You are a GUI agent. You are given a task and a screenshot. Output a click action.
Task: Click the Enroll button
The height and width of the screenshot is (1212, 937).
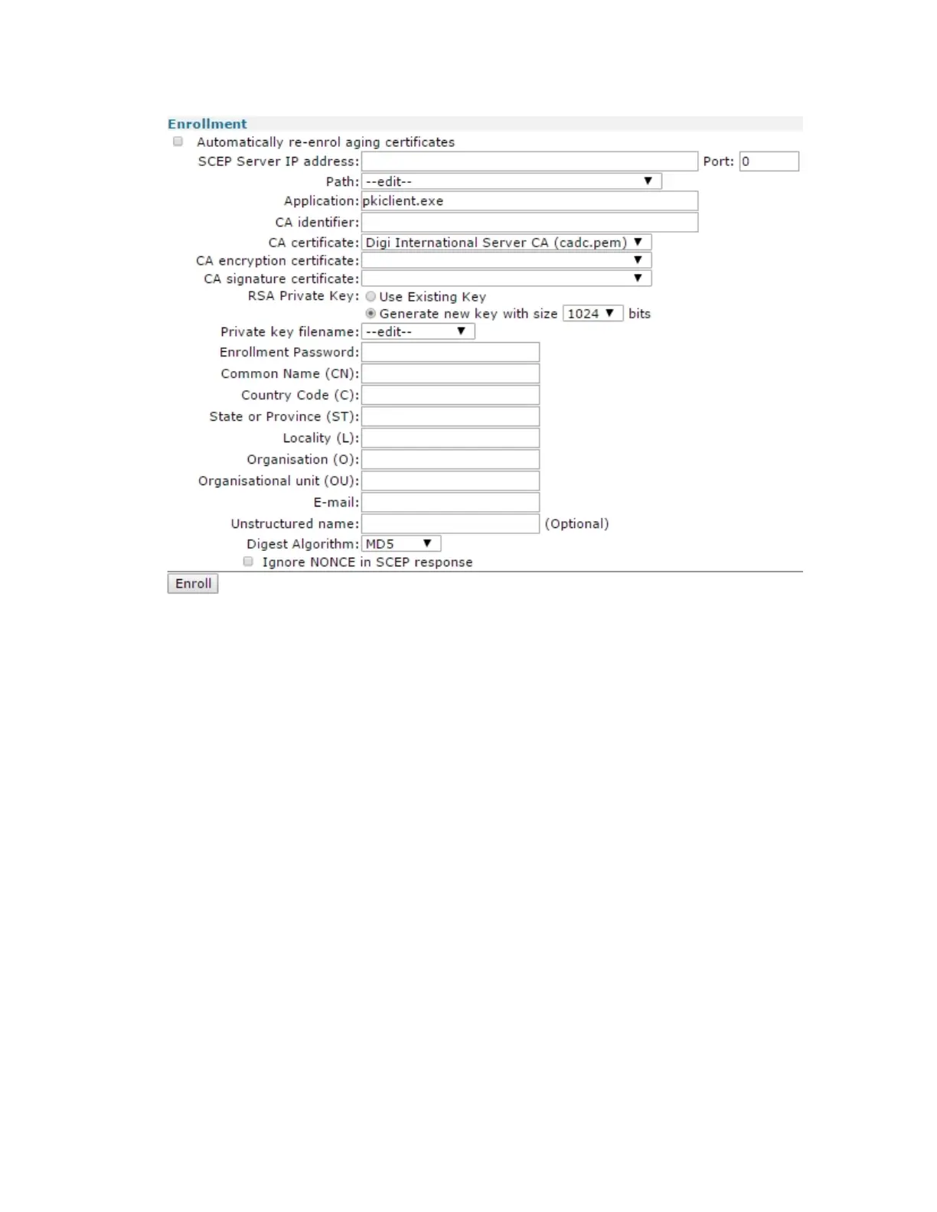(193, 584)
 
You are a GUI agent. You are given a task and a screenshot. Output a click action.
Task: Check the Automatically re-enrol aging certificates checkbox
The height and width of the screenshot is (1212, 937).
(178, 142)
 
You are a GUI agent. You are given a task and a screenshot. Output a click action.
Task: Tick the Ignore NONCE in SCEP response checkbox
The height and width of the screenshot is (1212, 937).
(248, 562)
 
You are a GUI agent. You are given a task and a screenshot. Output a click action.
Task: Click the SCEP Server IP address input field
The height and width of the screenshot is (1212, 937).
(529, 161)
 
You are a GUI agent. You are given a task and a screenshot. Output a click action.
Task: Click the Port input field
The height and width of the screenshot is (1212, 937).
(769, 161)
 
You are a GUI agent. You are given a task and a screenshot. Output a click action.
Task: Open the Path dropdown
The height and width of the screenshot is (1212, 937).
(511, 181)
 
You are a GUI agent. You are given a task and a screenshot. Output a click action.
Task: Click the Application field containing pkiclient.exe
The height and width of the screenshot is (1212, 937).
(529, 201)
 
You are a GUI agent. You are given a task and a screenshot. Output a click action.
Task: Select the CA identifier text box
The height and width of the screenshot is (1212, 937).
(529, 223)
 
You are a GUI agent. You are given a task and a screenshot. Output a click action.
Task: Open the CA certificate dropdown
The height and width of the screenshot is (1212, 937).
(506, 243)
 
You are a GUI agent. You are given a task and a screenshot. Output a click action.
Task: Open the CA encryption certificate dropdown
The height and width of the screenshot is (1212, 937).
(506, 261)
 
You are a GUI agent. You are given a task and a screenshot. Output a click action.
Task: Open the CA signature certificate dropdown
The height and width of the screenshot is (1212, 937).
(506, 279)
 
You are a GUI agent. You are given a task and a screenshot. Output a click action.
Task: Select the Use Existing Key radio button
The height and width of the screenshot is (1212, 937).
(371, 297)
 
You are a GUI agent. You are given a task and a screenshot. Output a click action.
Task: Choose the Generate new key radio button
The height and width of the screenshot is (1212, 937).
(371, 314)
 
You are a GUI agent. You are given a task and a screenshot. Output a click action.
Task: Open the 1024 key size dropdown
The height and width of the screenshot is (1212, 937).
(593, 314)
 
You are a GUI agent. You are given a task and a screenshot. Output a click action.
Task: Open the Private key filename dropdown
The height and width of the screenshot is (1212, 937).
(418, 332)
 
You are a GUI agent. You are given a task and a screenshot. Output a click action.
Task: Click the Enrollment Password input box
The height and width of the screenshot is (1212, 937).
(450, 353)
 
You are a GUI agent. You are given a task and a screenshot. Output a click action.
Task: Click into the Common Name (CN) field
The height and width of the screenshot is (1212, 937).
(450, 374)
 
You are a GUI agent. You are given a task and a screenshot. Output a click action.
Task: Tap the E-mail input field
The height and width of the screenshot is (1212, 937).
(450, 503)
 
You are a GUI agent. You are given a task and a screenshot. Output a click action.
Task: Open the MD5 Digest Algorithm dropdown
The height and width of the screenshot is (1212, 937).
(401, 544)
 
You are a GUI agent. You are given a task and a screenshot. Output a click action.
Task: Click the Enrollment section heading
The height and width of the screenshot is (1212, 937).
(207, 124)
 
